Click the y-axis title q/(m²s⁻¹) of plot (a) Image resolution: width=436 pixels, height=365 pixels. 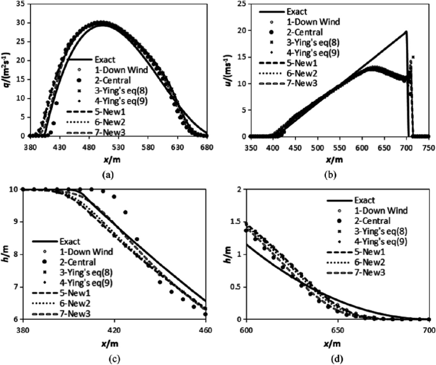point(5,70)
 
